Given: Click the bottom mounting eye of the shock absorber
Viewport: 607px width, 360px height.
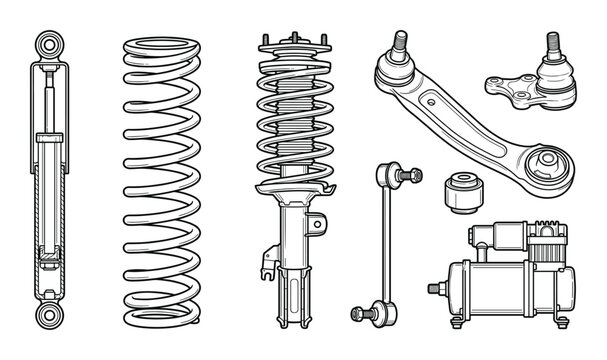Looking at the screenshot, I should click(x=47, y=317).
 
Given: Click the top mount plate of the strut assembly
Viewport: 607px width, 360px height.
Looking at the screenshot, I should click(x=290, y=44).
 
